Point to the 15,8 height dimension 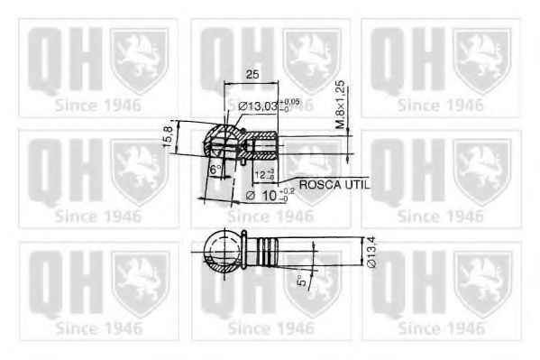[168, 137]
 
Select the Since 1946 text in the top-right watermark [441, 105]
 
